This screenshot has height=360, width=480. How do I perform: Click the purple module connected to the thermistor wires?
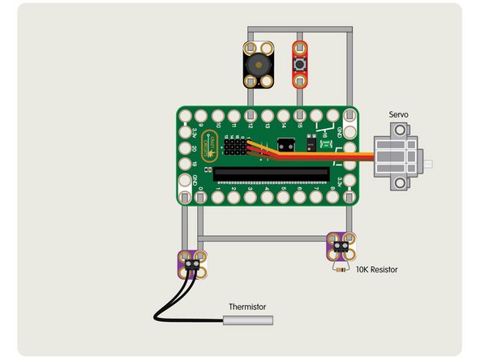point(191,263)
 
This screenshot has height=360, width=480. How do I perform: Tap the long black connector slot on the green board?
point(272,173)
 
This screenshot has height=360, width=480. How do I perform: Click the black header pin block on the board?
point(236,147)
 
